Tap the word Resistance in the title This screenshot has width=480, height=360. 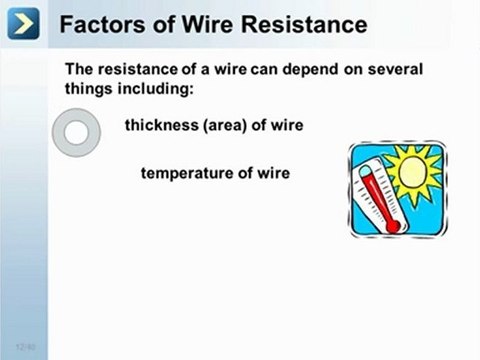click(299, 24)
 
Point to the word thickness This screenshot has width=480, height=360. click(160, 126)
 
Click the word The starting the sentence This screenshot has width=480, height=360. click(79, 69)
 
